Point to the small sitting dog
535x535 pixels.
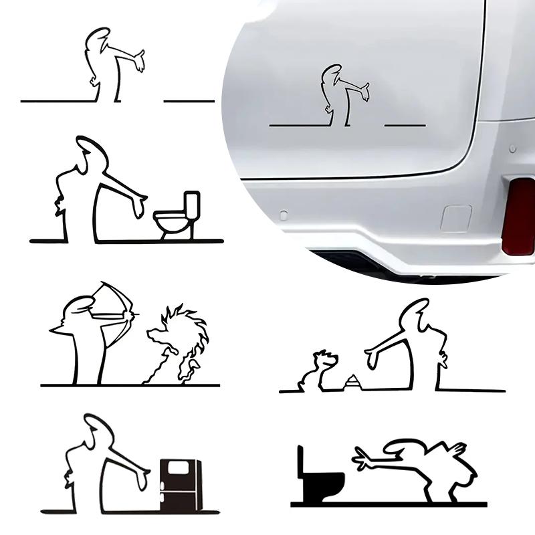pos(318,371)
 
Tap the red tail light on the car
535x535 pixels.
pos(519,216)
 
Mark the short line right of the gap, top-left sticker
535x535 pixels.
pos(189,101)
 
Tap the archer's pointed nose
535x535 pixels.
pos(53,331)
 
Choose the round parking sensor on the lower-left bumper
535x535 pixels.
pos(284,215)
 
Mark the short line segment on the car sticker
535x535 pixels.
pos(405,125)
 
